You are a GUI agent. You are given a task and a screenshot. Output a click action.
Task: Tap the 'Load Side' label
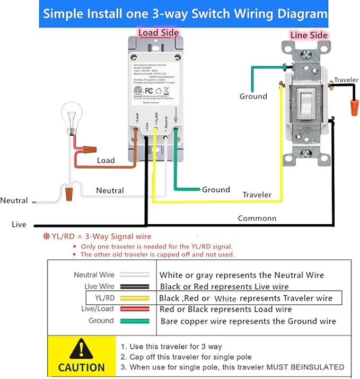(158, 33)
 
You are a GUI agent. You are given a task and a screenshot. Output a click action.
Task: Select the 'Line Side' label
(310, 35)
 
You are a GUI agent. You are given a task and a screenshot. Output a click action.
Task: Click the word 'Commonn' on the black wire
(257, 218)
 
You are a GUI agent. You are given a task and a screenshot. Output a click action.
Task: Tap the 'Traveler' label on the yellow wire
(257, 195)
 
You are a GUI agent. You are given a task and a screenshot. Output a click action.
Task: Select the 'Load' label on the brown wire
(106, 160)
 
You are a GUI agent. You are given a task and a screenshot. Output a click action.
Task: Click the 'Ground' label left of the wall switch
(253, 96)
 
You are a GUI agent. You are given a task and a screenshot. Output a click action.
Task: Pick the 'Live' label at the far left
(19, 225)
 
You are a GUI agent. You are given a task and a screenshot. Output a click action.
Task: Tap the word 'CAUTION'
(81, 367)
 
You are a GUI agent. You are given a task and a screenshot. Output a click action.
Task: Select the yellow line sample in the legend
(134, 298)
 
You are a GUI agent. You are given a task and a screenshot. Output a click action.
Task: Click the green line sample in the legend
(134, 321)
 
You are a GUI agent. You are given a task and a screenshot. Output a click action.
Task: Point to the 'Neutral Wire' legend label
(93, 275)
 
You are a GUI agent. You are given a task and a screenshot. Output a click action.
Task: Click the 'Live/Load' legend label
(97, 309)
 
